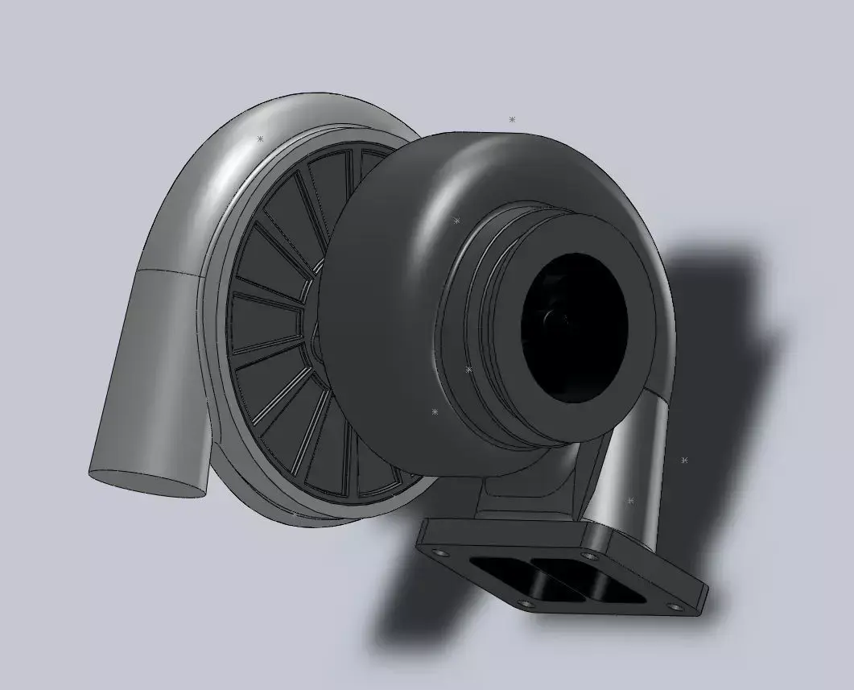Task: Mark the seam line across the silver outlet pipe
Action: click(x=169, y=271)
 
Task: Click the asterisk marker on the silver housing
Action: click(x=260, y=139)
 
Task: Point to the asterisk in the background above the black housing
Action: click(x=512, y=119)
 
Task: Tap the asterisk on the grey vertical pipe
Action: click(x=630, y=501)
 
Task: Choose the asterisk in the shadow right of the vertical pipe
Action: click(x=684, y=461)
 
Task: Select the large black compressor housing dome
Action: click(x=386, y=242)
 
